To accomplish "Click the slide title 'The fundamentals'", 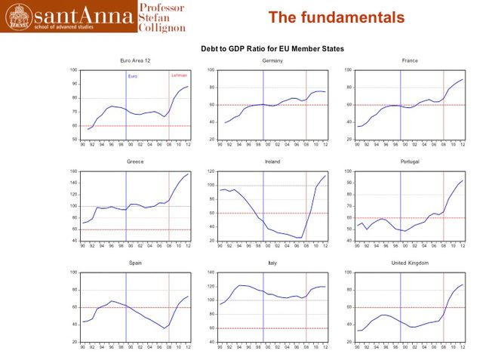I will click(337, 17).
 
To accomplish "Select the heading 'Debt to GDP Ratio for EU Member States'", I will click(272, 48).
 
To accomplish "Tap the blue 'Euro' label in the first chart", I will click(132, 76).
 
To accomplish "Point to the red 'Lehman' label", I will click(179, 75).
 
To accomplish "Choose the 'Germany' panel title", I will click(272, 60).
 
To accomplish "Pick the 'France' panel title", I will click(410, 60).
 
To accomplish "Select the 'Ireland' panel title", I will click(272, 162).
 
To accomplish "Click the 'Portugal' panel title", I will click(410, 162).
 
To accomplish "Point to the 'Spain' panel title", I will click(136, 263).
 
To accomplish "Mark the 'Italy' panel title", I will click(272, 263).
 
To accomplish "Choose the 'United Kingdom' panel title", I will click(410, 263).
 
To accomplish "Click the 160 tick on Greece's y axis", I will click(74, 171).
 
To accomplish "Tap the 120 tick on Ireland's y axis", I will click(211, 171).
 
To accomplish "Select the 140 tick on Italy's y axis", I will click(211, 272).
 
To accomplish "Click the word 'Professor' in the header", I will click(161, 7).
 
